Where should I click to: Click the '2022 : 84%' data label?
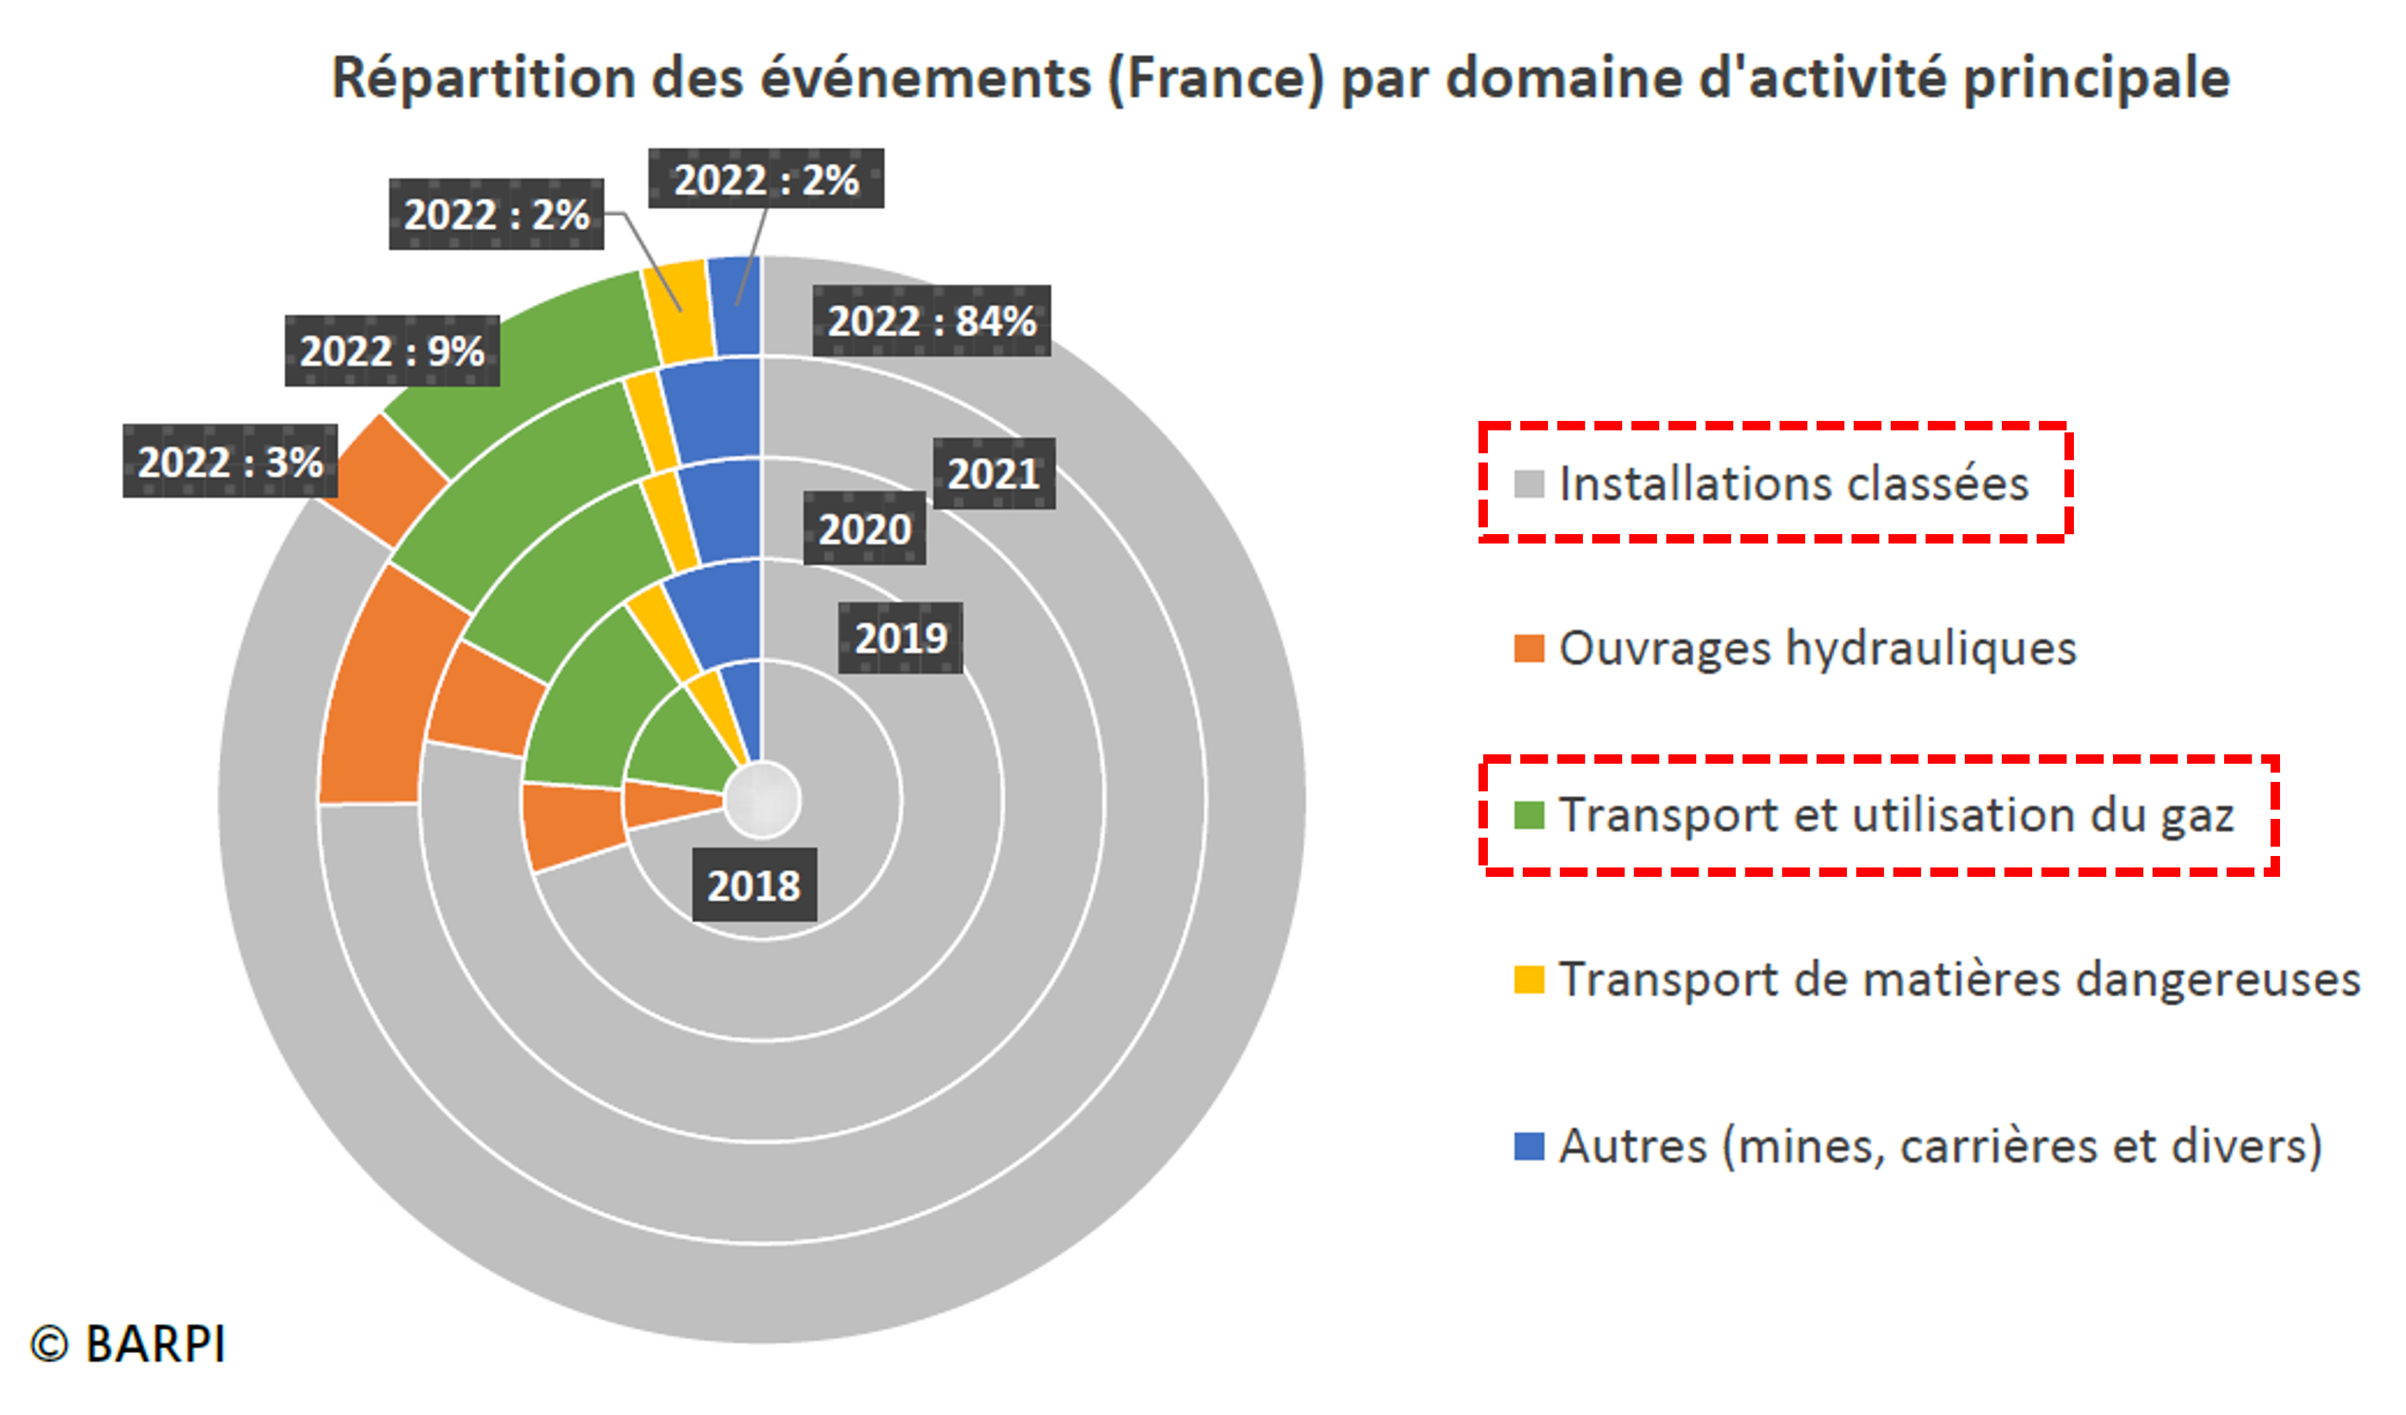[x=931, y=321]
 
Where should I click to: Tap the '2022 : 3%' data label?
[x=229, y=462]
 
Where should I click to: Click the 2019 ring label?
[x=901, y=638]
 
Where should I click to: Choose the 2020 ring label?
[x=864, y=528]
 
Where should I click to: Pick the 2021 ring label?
[x=993, y=473]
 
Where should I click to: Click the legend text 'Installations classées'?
[x=1793, y=483]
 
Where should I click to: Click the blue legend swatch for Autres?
[x=1528, y=1146]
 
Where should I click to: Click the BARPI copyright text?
[x=129, y=1344]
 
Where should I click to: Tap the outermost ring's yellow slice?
[x=678, y=310]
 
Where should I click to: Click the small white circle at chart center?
[x=761, y=800]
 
